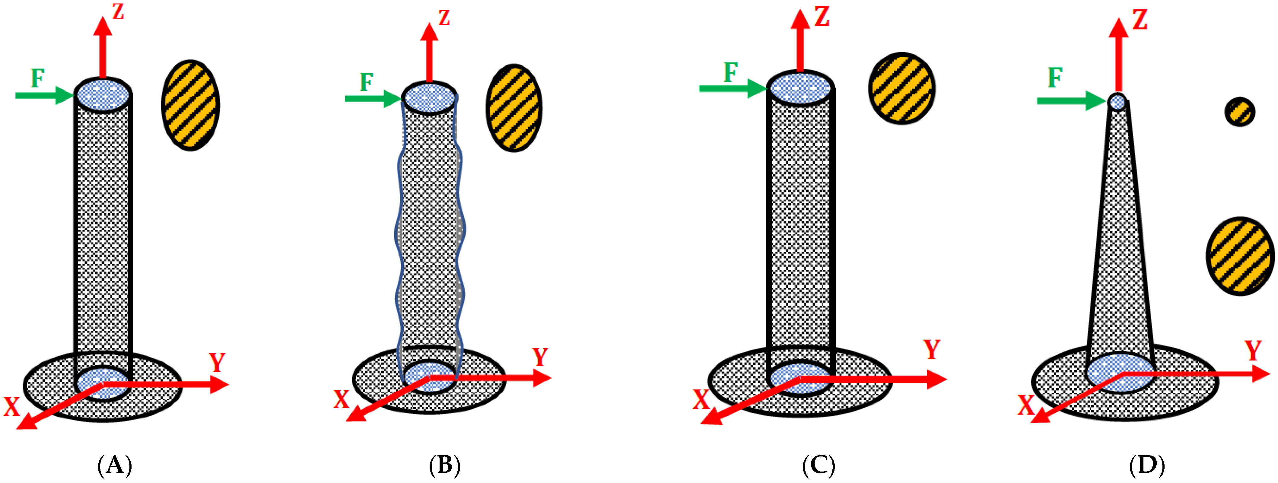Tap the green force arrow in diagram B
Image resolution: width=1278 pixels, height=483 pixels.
[x=372, y=99]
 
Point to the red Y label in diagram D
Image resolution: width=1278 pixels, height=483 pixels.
[x=1253, y=351]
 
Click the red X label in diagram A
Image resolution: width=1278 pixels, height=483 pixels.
[x=11, y=407]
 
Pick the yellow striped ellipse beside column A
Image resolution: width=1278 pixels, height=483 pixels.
[x=190, y=105]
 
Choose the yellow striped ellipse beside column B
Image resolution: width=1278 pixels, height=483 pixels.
[x=514, y=108]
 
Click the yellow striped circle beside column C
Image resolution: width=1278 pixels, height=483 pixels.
[x=901, y=88]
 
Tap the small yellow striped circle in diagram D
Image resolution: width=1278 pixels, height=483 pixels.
[x=1240, y=112]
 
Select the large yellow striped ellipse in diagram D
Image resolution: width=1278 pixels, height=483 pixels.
[x=1240, y=256]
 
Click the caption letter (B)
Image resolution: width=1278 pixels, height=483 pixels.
[x=444, y=465]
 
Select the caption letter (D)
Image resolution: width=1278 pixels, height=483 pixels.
[x=1146, y=465]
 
